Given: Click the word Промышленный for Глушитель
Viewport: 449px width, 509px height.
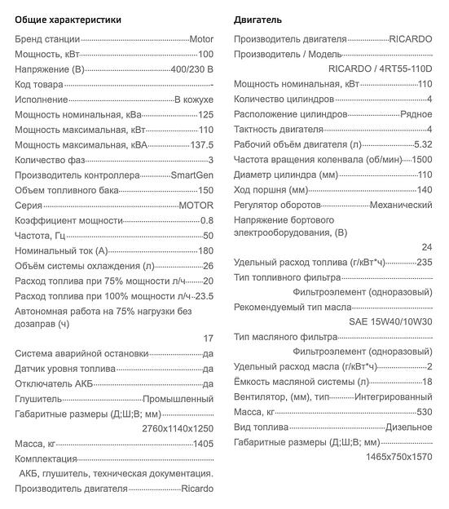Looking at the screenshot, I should (178, 399).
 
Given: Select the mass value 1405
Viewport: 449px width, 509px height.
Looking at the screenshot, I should (202, 444).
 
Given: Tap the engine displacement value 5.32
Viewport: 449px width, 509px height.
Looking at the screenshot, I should (423, 144).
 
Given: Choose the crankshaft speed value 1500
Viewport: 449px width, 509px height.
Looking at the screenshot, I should (421, 159).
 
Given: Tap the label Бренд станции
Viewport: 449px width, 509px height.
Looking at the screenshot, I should (47, 38).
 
